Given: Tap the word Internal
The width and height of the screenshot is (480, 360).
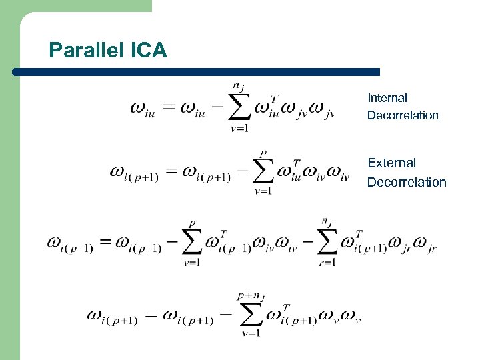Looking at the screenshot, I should (x=387, y=98).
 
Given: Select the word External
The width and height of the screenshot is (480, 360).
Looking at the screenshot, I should (x=391, y=163).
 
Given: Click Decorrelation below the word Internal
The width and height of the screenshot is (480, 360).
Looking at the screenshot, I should (x=403, y=115).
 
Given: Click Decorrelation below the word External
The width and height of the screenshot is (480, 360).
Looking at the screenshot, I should (x=407, y=182).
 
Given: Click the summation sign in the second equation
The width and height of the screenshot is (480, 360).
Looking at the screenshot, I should (x=264, y=171).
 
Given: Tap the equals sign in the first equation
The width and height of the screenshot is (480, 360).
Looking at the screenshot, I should (x=167, y=108).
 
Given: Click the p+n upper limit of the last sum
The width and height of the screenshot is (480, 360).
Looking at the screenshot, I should (x=251, y=295).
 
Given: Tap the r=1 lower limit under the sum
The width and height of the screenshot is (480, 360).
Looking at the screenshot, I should (x=327, y=262).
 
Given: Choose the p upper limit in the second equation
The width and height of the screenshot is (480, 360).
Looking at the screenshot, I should (x=264, y=152).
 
